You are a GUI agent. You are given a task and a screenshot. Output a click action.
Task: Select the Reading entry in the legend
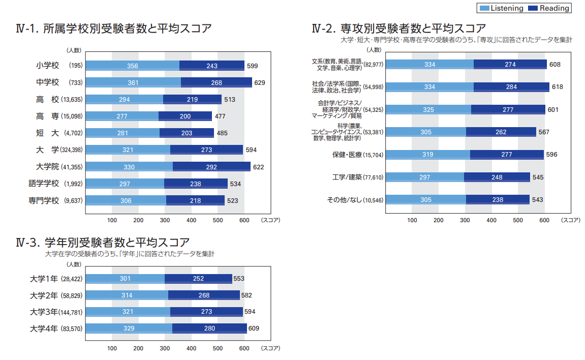pos(549,8)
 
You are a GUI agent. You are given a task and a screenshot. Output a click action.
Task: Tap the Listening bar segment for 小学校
pos(132,66)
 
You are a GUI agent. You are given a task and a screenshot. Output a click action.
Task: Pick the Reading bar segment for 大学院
pos(211,167)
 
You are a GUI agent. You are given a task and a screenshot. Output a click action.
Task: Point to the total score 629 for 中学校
pos(260,82)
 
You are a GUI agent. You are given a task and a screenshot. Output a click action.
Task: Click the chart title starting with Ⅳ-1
pos(114,28)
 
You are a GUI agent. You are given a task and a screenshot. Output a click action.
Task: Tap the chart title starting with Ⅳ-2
pos(399,28)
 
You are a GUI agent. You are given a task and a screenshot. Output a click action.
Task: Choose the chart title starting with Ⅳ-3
pos(103,242)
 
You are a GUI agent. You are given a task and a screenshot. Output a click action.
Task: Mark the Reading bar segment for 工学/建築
pos(497,177)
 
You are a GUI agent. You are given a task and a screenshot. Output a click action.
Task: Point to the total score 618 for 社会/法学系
pos(557,87)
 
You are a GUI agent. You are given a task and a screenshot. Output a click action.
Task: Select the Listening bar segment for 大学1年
pos(125,279)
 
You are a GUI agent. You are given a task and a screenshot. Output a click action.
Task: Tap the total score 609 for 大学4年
pos(254,328)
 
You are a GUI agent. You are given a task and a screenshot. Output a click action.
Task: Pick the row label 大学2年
pos(44,295)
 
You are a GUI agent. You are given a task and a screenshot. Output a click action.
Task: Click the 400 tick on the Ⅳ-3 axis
pos(192,348)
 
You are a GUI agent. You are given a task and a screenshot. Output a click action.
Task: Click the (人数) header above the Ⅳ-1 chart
pos(73,50)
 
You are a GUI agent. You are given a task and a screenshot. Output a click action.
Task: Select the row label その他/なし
pos(344,200)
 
